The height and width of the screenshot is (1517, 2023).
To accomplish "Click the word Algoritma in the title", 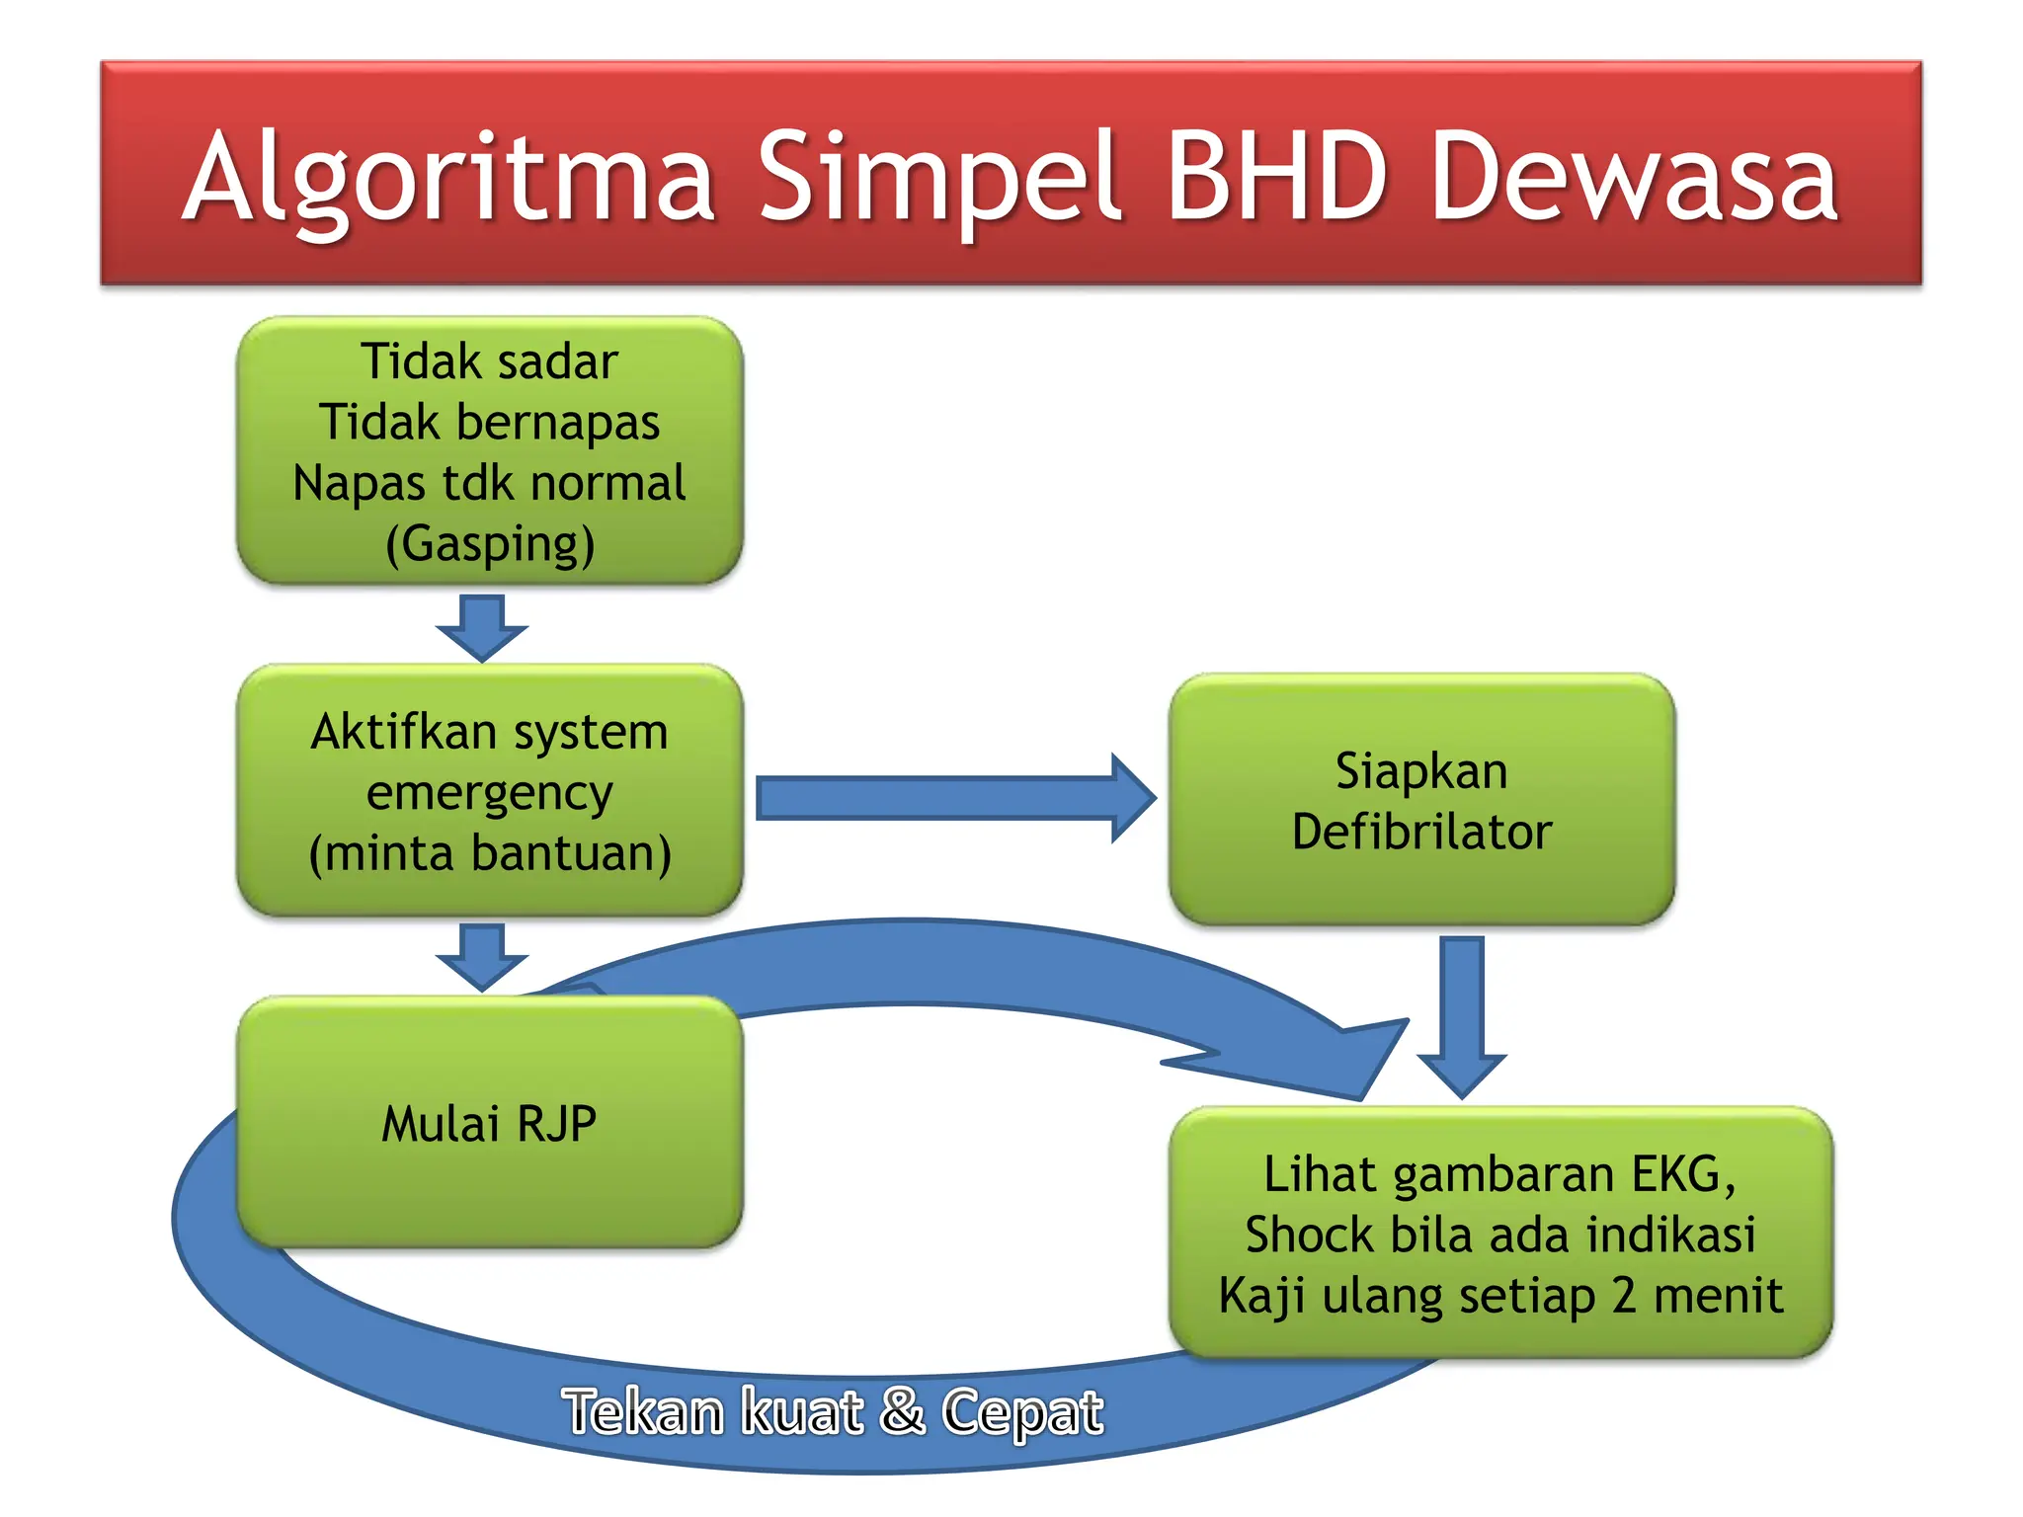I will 449,178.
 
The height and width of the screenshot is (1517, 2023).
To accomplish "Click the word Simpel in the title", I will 938,178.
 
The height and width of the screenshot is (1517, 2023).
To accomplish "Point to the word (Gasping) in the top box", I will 490,544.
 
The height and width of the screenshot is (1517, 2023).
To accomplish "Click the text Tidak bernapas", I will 490,422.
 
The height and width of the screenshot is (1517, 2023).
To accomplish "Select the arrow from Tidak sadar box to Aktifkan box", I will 482,628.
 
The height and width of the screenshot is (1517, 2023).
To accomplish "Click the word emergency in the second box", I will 490,792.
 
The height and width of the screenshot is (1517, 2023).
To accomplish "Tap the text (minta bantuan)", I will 490,853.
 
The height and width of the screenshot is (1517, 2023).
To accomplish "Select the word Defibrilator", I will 1421,832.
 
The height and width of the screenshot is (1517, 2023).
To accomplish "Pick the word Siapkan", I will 1421,770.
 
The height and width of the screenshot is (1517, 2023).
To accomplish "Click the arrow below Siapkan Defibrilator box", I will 1462,1017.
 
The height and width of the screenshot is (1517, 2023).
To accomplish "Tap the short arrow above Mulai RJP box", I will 482,956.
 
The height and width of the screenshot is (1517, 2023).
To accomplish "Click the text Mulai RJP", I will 490,1124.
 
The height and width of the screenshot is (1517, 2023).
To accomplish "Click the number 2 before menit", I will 1624,1296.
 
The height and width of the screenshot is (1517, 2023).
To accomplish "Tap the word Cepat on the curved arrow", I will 1021,1412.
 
